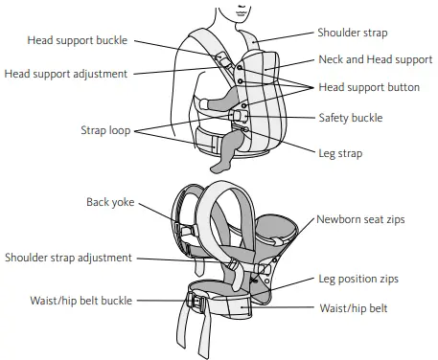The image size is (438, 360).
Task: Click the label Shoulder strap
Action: (x=353, y=32)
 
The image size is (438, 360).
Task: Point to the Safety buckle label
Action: (x=350, y=118)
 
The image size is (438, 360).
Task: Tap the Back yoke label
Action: (x=110, y=202)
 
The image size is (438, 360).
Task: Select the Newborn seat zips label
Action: (x=361, y=219)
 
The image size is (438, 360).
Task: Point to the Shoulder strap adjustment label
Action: (x=69, y=258)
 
